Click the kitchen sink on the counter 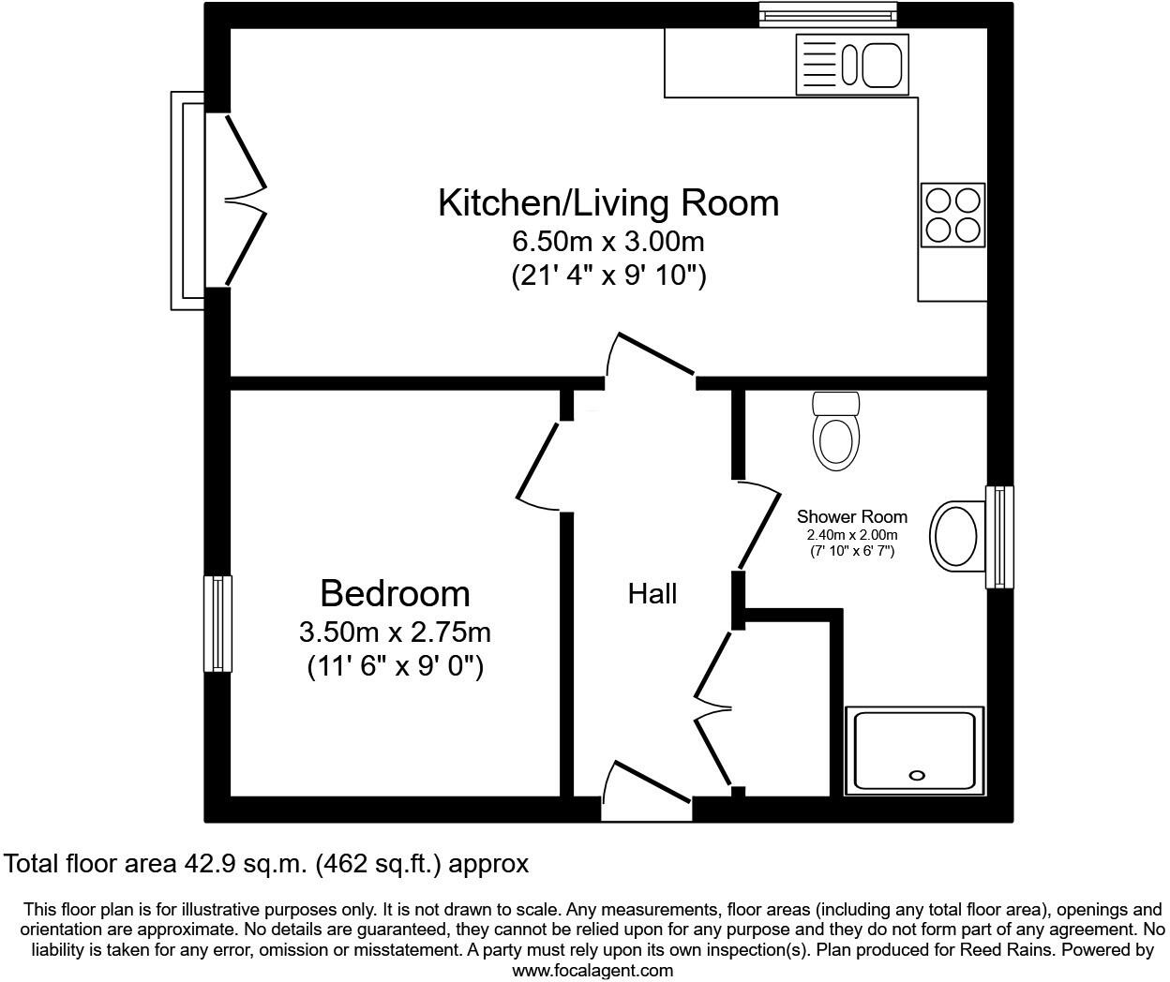pos(852,64)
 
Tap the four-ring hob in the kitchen pos(952,215)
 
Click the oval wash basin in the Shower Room pos(955,535)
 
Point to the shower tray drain pos(917,775)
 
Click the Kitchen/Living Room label pos(608,202)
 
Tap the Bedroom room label pos(395,593)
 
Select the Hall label pos(652,593)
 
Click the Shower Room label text pos(852,516)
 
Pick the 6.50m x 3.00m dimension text pos(608,242)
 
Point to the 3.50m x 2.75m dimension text pos(395,632)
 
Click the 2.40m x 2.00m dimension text pos(852,535)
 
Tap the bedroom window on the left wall pos(217,623)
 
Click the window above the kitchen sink pos(828,14)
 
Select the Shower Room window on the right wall pos(999,537)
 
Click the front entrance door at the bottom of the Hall pos(647,787)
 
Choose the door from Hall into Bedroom pos(541,466)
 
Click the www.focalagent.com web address pos(592,971)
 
